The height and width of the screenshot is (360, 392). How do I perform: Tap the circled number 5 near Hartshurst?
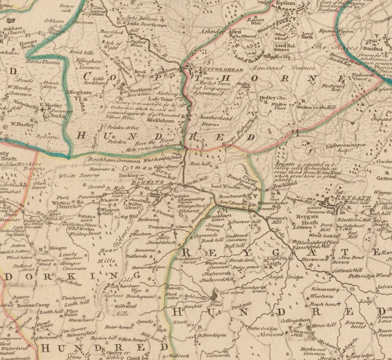[99, 313]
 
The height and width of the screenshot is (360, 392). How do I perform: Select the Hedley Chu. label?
[272, 98]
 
